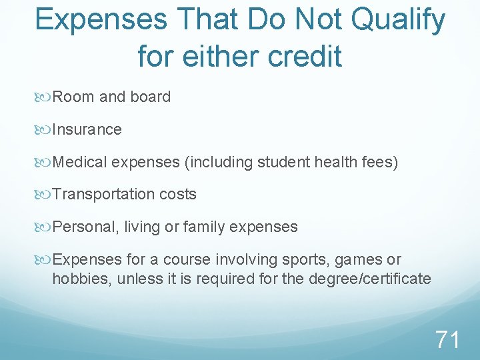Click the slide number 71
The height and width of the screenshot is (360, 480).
(447, 340)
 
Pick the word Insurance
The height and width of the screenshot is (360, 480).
(87, 129)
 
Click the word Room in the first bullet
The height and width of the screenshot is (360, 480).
(73, 97)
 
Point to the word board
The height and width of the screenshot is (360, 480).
(151, 97)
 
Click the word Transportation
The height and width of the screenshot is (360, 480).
(103, 195)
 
